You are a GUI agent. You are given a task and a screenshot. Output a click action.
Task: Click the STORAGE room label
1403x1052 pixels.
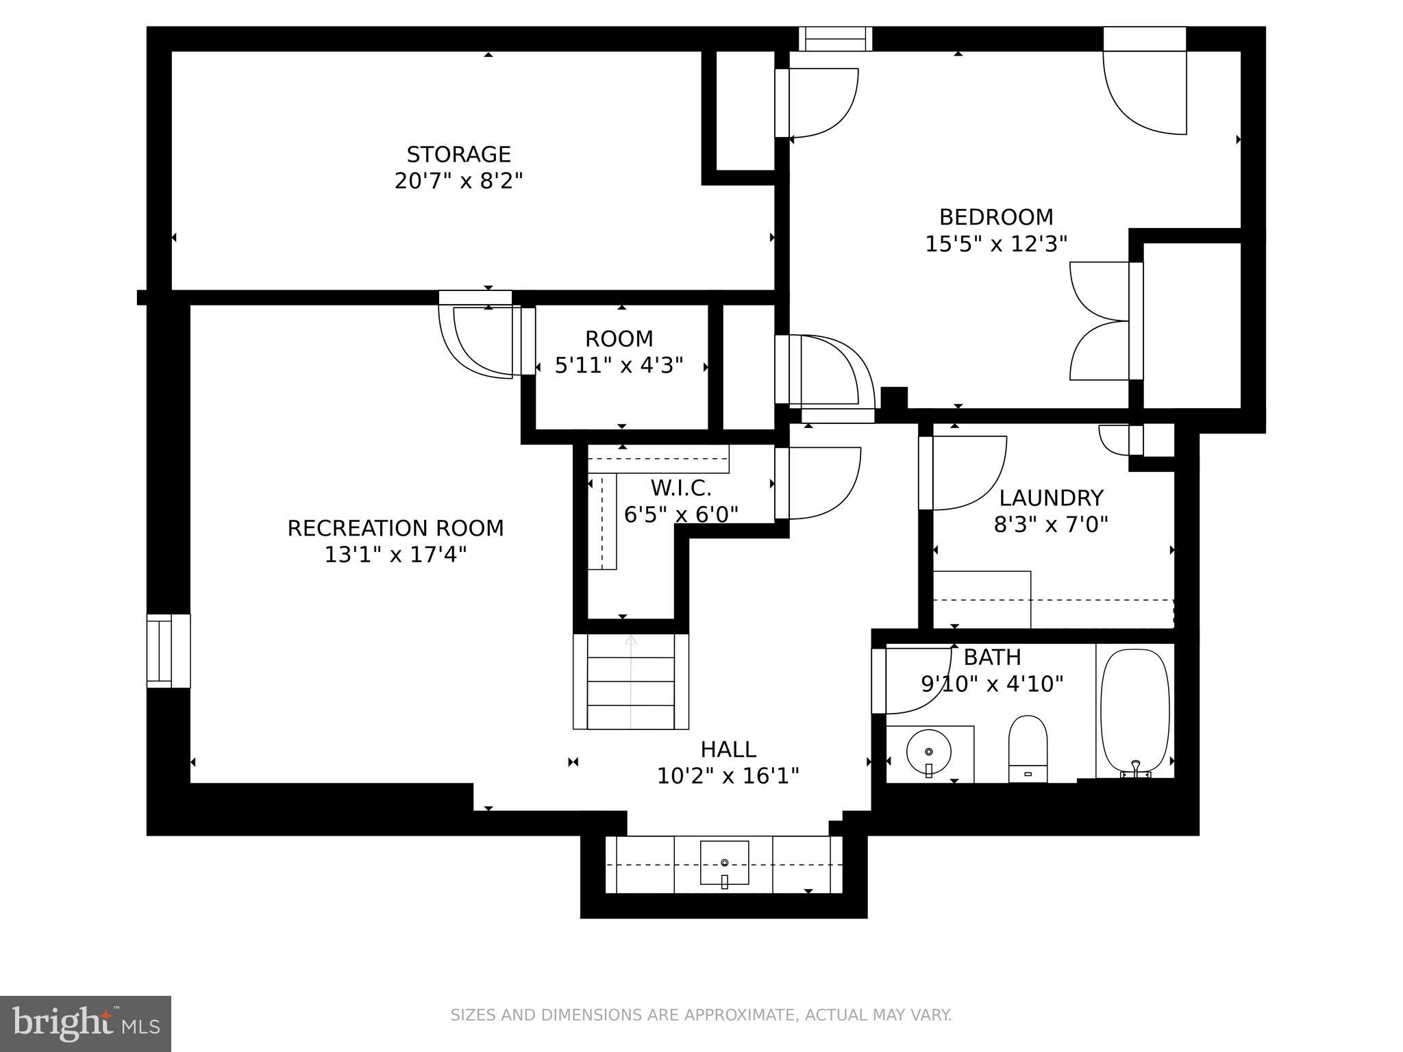pos(458,154)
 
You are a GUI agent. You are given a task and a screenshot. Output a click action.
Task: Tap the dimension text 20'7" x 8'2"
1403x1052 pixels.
pos(458,181)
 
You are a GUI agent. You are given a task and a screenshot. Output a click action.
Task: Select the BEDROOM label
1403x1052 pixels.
pos(995,217)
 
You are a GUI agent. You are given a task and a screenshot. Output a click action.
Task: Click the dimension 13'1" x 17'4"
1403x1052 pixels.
pos(395,555)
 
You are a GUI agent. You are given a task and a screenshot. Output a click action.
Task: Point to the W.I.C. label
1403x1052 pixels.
pos(680,488)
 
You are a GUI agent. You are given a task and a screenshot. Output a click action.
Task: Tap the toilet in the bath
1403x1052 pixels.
pos(1028,748)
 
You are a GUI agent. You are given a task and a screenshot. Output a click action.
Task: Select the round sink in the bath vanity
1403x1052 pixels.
pos(928,752)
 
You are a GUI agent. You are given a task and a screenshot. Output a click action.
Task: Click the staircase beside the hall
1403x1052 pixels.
pos(631,681)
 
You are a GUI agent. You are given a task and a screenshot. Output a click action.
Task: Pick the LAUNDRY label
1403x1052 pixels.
pos(1051,498)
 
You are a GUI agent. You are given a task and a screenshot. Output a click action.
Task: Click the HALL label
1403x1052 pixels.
pos(728,749)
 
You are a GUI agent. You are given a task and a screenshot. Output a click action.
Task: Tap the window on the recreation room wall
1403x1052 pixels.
pos(168,651)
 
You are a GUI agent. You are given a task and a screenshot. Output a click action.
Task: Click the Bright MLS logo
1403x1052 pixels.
pos(86,1023)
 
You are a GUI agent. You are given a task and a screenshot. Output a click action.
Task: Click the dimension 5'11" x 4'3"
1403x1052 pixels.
pos(619,366)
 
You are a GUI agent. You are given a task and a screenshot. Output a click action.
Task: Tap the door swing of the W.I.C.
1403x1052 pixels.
pos(819,483)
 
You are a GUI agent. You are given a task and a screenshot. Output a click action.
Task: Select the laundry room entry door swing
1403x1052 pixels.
pos(964,473)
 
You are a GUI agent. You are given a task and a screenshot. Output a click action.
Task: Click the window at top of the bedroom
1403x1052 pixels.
pos(836,39)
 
